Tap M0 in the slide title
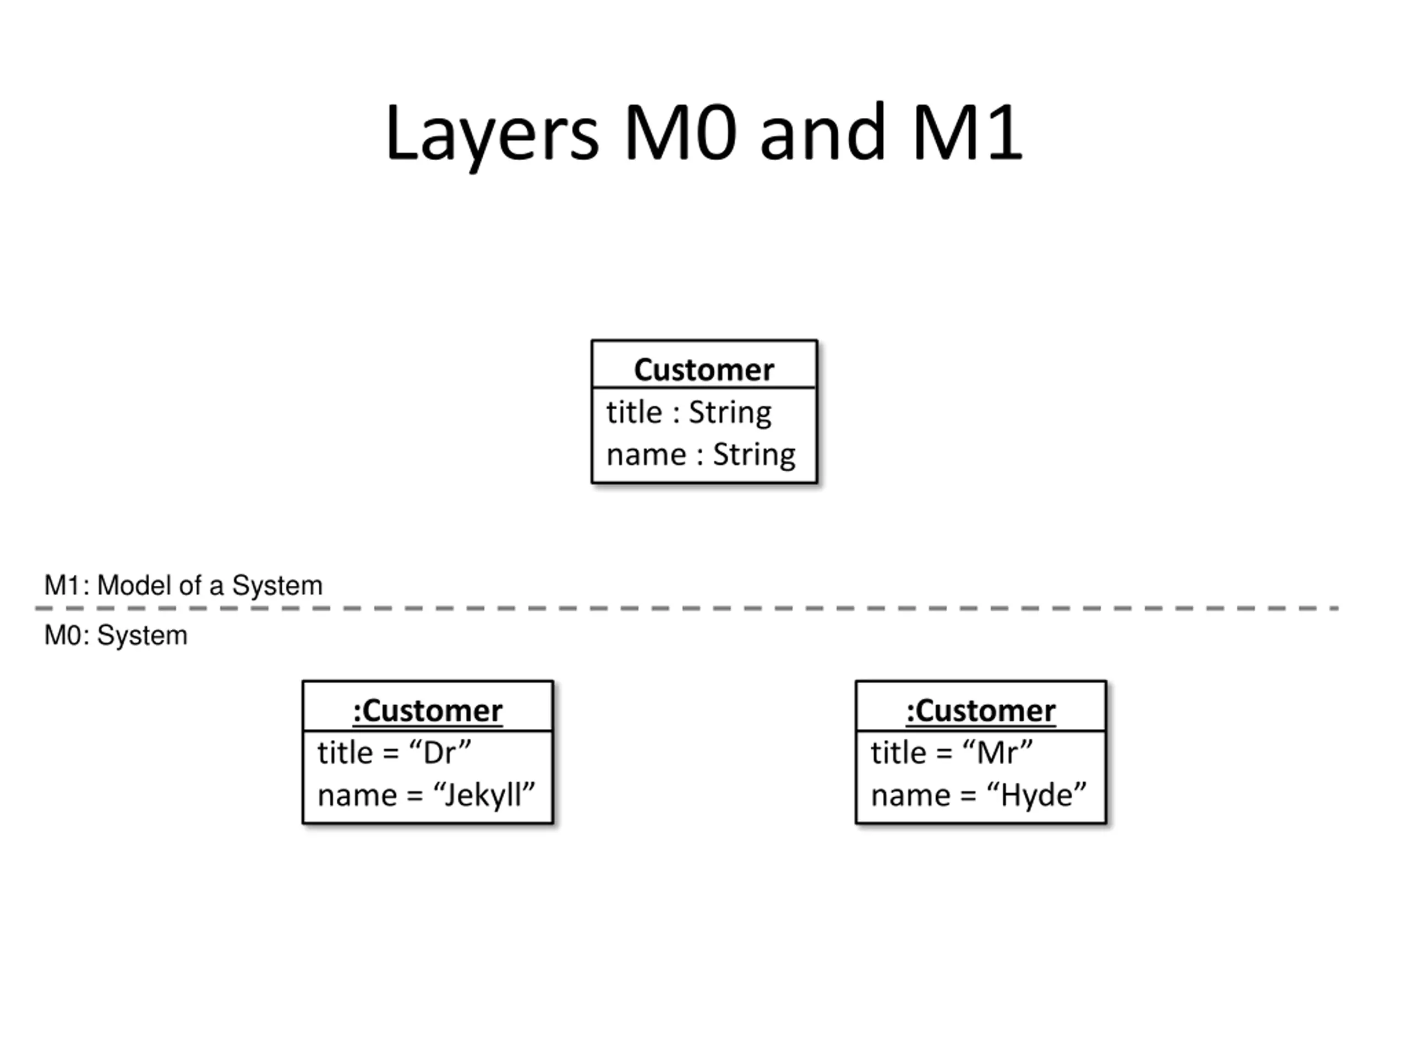coord(681,133)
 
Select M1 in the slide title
coord(968,133)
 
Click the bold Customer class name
coord(704,369)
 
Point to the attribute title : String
coord(689,413)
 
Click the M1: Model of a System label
coord(183,585)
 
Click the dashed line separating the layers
coord(687,608)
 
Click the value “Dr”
coord(440,753)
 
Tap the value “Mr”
coord(997,753)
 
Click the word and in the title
coord(823,133)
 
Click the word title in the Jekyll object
coord(345,753)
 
